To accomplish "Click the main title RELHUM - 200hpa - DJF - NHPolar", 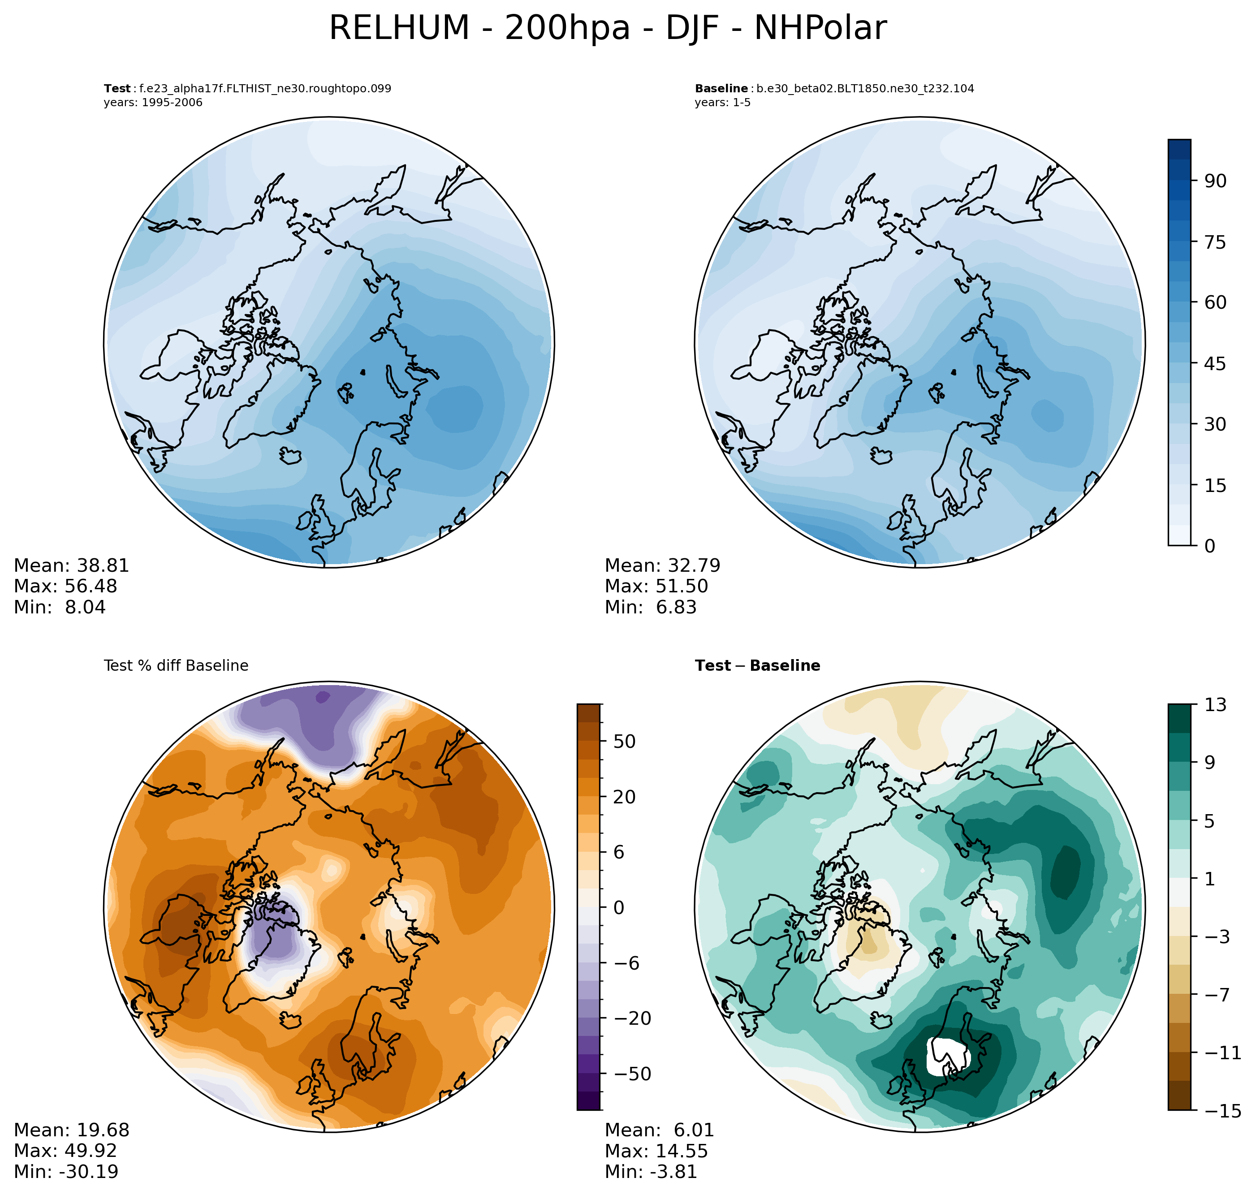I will point(607,29).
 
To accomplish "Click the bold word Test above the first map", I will point(117,89).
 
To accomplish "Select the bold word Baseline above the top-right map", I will point(721,89).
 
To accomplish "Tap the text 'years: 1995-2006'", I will point(153,103).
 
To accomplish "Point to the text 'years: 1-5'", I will point(722,103).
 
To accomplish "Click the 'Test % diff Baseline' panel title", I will point(176,666).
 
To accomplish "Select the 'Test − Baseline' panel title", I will point(757,666).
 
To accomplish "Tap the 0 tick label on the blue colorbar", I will point(1209,546).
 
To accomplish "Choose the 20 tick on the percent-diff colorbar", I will point(624,797).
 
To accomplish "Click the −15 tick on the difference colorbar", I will point(1222,1111).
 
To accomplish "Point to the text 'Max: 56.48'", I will point(65,586).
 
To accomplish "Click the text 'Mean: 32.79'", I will point(662,565).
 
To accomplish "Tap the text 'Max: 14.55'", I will point(656,1151).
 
